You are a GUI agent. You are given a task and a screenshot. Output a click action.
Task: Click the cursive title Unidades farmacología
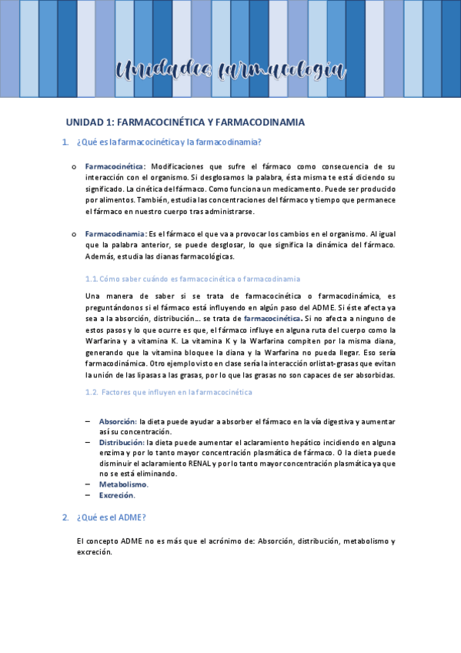click(x=230, y=71)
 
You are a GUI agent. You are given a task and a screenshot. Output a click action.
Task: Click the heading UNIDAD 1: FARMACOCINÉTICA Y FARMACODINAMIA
click(x=185, y=122)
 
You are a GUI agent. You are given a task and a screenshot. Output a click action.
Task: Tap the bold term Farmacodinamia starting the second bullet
click(x=115, y=233)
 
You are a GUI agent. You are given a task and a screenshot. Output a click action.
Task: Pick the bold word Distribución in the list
click(x=122, y=443)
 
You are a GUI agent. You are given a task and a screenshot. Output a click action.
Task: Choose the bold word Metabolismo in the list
click(x=123, y=484)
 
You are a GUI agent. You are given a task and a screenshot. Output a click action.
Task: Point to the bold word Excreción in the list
click(x=117, y=496)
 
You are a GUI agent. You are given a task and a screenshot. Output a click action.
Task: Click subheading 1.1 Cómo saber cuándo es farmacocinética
click(x=192, y=279)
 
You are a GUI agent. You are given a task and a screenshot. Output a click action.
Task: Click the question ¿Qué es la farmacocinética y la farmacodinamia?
click(x=169, y=142)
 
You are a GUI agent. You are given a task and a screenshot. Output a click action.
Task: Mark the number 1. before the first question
click(x=65, y=142)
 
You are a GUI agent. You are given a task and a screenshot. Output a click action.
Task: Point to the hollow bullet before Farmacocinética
click(x=73, y=166)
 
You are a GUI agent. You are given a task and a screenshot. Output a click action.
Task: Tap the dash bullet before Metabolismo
click(x=89, y=484)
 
